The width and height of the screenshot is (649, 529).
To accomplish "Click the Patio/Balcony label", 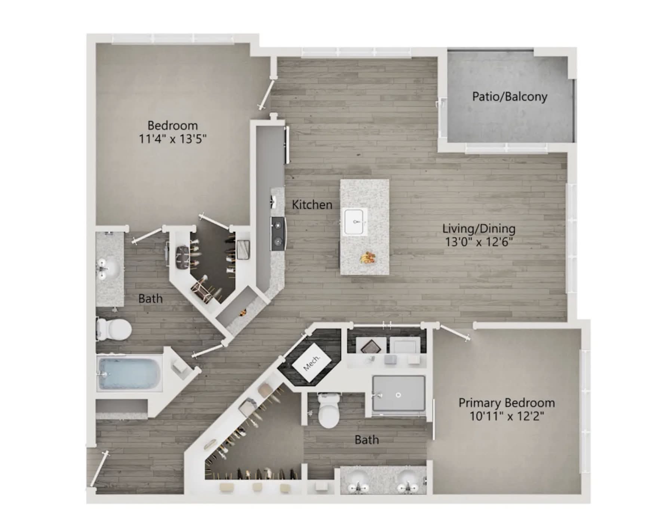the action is pos(510,97).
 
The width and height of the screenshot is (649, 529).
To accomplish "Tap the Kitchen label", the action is pos(312,205).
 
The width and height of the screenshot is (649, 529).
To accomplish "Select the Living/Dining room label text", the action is pos(479,228).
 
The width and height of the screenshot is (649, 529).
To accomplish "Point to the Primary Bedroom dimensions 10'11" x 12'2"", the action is pos(507,416).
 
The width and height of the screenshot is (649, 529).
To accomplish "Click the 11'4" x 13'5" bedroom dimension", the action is pos(173,139).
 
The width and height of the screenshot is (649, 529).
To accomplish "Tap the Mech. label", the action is pos(311,363).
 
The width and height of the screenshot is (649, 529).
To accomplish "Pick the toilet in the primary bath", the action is pos(329,410).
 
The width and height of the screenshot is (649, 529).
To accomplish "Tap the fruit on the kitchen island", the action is pos(367,257).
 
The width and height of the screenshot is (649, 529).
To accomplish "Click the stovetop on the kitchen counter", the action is pos(278,233).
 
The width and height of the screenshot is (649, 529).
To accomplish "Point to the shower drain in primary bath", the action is pos(399,394).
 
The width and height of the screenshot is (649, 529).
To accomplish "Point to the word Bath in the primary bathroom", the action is pos(366,440).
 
